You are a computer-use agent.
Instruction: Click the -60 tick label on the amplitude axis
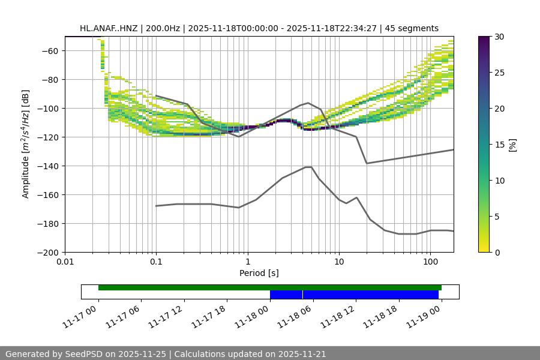pyautogui.click(x=49, y=51)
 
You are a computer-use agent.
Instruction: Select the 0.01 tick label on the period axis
pyautogui.click(x=65, y=262)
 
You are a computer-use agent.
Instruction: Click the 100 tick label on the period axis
pyautogui.click(x=430, y=262)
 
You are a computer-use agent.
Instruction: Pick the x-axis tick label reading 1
pyautogui.click(x=247, y=262)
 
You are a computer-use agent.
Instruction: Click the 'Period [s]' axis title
pyautogui.click(x=259, y=274)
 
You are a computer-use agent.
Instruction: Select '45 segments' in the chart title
pyautogui.click(x=412, y=28)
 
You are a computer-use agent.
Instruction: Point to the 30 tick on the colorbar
pyautogui.click(x=500, y=37)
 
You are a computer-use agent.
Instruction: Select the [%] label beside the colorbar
pyautogui.click(x=513, y=145)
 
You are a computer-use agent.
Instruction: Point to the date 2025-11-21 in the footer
pyautogui.click(x=300, y=355)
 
